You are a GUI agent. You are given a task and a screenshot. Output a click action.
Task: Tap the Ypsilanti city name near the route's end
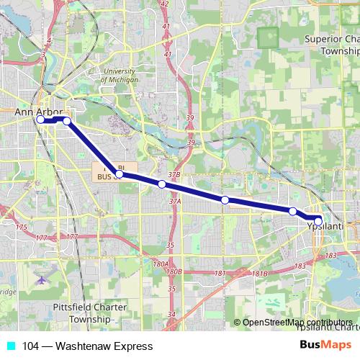click(326, 226)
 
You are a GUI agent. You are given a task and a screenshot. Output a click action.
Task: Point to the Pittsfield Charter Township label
click(90, 312)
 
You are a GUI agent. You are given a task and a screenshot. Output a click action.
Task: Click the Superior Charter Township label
click(332, 45)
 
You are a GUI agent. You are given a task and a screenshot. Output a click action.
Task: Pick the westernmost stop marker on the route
click(40, 120)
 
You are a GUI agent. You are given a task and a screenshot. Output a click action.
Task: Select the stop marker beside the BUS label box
click(120, 174)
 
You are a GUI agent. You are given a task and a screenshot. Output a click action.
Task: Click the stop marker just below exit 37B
click(162, 184)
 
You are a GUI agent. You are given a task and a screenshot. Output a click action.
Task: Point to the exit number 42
click(165, 4)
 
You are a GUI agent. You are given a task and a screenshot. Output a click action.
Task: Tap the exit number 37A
click(175, 202)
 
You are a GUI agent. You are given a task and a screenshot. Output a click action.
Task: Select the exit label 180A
click(160, 264)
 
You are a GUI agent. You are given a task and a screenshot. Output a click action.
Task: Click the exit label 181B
click(260, 274)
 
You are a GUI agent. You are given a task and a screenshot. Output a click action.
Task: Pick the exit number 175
click(21, 228)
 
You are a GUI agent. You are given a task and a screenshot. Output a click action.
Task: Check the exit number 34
click(171, 315)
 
